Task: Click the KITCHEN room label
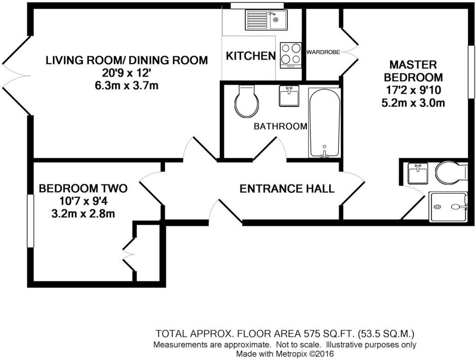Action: (251, 56)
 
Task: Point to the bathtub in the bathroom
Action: (324, 123)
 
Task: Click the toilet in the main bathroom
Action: (246, 101)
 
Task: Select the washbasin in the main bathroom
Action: (289, 96)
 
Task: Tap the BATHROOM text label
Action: (280, 126)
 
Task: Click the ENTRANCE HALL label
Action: (287, 189)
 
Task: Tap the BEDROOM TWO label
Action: (83, 189)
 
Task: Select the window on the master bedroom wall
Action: (471, 72)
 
